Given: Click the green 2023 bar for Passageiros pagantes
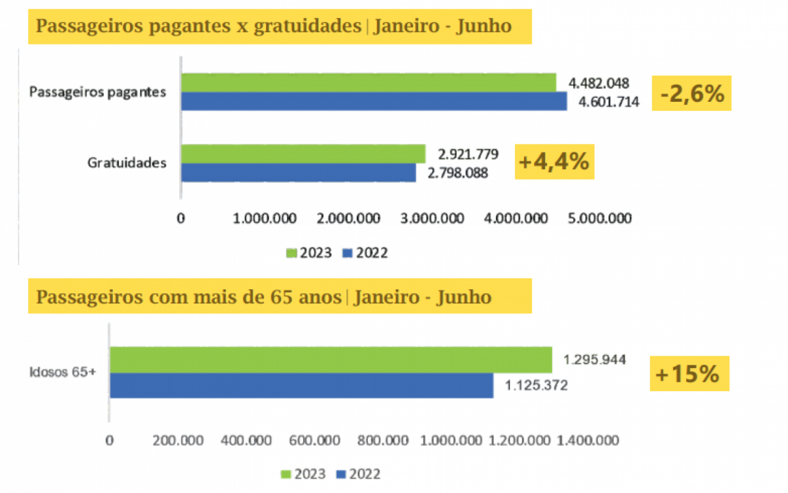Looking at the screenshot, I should coord(368,82).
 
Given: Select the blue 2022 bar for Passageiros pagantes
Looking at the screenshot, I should coord(374,101).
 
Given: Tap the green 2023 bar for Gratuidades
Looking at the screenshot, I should coord(303,154).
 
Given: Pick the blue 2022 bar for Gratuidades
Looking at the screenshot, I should coord(298,172).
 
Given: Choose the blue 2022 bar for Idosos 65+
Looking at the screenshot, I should coord(301,385).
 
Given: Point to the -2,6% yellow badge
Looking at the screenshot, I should coord(691,93).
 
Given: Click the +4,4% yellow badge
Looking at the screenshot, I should coord(554,162).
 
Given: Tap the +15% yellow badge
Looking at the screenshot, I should coord(689,374).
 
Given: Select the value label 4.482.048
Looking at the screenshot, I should coord(599,83).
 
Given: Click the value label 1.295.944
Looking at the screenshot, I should coord(594,360).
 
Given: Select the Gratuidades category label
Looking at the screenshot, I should coord(127,162).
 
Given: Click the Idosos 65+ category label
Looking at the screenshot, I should coord(63,373).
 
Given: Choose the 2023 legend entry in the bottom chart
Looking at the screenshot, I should coord(298,474).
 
